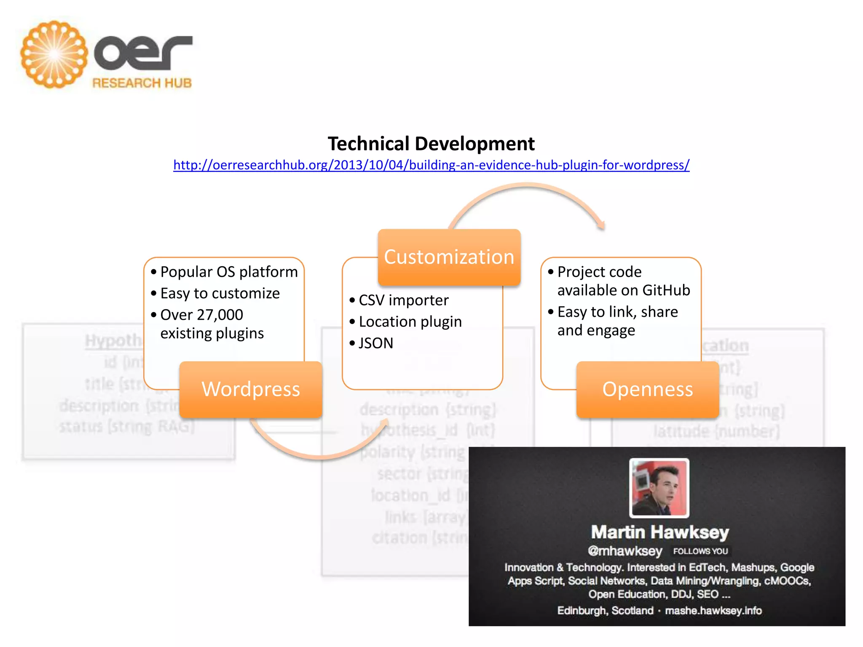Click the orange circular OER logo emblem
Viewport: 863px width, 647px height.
(54, 54)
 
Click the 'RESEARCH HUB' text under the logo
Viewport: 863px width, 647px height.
(142, 83)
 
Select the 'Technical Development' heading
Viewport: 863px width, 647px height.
(431, 144)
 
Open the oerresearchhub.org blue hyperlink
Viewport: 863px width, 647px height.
(431, 165)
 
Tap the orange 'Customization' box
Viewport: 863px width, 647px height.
(449, 257)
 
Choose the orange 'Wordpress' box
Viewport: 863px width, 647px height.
(251, 389)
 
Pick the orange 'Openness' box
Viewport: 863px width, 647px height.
(648, 389)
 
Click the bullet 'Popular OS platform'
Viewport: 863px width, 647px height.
(229, 272)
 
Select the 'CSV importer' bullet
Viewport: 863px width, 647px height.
(403, 300)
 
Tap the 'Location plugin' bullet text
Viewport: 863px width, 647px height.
(410, 322)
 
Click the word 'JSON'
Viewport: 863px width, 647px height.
(376, 343)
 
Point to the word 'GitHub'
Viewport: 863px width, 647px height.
(666, 291)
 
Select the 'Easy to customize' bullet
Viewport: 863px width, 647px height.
(220, 294)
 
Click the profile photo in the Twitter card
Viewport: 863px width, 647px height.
(659, 488)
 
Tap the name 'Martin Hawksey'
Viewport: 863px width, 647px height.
(660, 532)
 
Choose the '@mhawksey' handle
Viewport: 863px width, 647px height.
(625, 551)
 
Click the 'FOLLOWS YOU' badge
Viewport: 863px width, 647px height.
(700, 551)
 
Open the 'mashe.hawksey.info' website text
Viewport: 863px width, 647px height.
(713, 611)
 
